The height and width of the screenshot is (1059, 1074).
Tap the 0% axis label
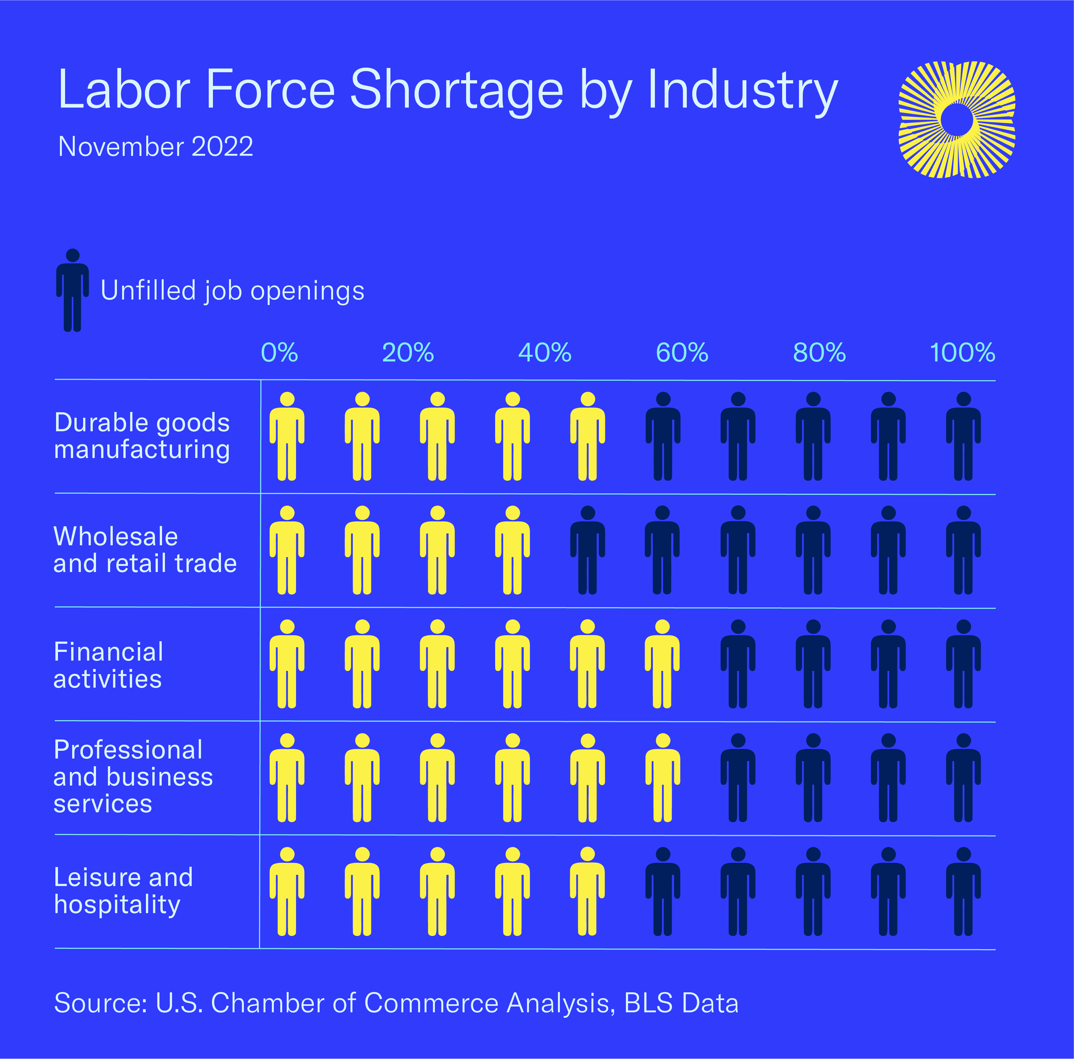pyautogui.click(x=280, y=352)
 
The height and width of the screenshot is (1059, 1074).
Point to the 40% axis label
pyautogui.click(x=545, y=352)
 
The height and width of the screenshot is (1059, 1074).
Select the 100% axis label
pyautogui.click(x=962, y=352)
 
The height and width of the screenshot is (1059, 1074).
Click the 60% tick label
pyautogui.click(x=682, y=352)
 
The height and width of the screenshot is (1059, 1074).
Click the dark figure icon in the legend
pyautogui.click(x=72, y=290)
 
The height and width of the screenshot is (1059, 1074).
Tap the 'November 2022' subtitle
pyautogui.click(x=156, y=147)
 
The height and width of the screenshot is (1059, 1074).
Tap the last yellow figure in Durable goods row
pyautogui.click(x=588, y=436)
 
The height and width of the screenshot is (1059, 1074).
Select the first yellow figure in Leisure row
pyautogui.click(x=287, y=891)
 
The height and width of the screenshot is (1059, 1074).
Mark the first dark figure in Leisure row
pyautogui.click(x=663, y=891)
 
